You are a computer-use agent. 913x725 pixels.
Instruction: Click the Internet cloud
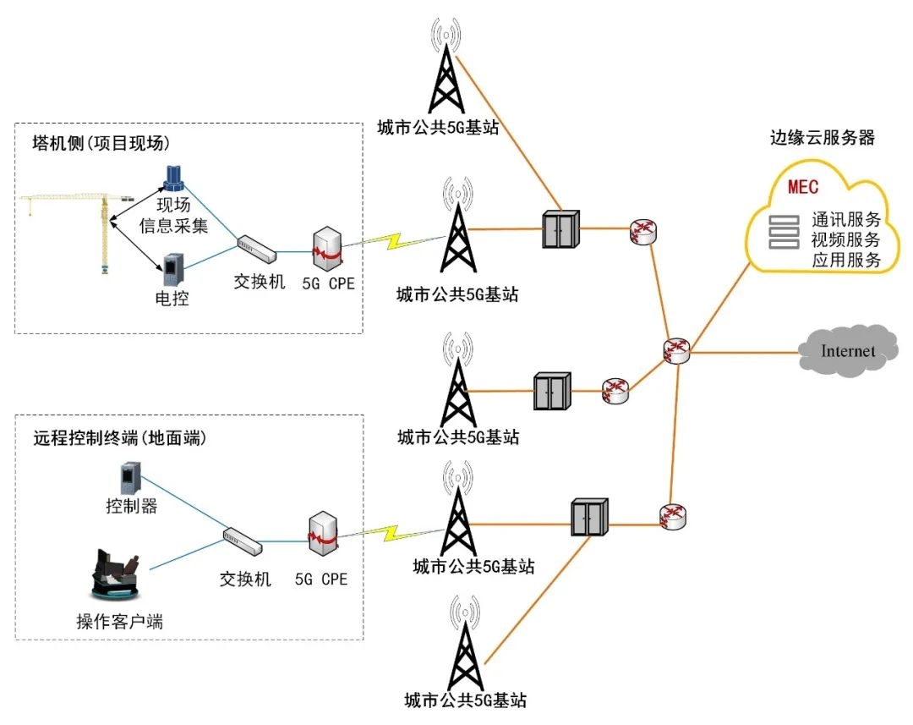pyautogui.click(x=848, y=349)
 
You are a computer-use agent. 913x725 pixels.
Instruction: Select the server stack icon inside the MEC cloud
pyautogui.click(x=783, y=232)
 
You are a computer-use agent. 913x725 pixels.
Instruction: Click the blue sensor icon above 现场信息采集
pyautogui.click(x=175, y=178)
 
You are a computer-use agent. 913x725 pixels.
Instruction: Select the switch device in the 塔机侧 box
pyautogui.click(x=255, y=249)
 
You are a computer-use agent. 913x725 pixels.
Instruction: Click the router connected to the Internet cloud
pyautogui.click(x=677, y=350)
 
